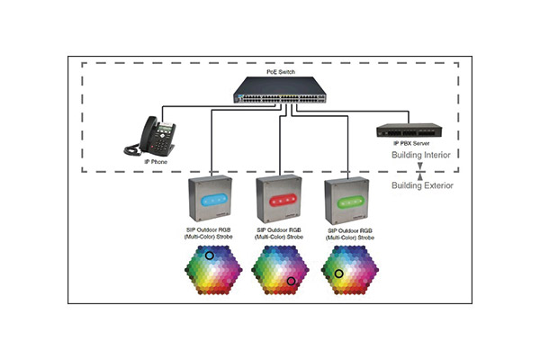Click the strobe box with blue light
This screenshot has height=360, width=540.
point(211,202)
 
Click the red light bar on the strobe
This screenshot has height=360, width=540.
point(280,199)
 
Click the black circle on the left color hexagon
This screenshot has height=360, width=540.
point(210,256)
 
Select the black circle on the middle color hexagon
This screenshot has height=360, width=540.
point(292,282)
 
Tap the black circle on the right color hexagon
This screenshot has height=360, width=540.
point(339,273)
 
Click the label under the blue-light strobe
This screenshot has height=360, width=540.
point(211,235)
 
